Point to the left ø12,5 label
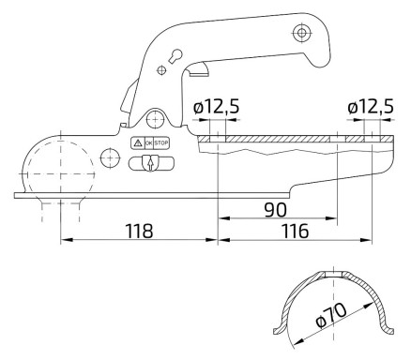[217, 107]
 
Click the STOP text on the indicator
[161, 142]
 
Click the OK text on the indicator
[147, 142]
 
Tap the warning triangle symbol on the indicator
[137, 142]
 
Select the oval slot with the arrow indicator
[150, 163]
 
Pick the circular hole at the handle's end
[300, 34]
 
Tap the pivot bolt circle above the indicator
[154, 119]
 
